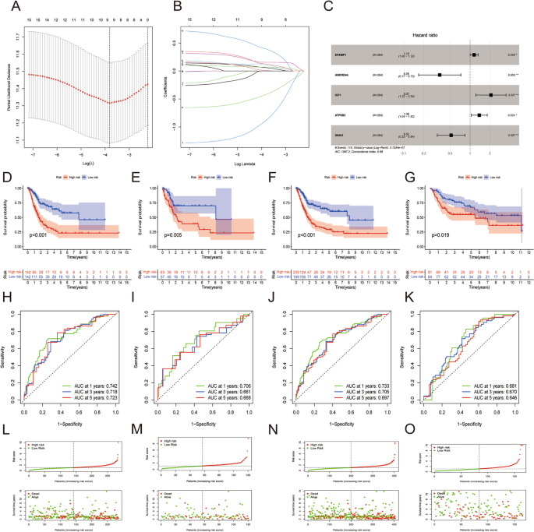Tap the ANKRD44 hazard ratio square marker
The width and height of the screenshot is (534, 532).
coord(440,75)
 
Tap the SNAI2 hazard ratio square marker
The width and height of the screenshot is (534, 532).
coord(451,135)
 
